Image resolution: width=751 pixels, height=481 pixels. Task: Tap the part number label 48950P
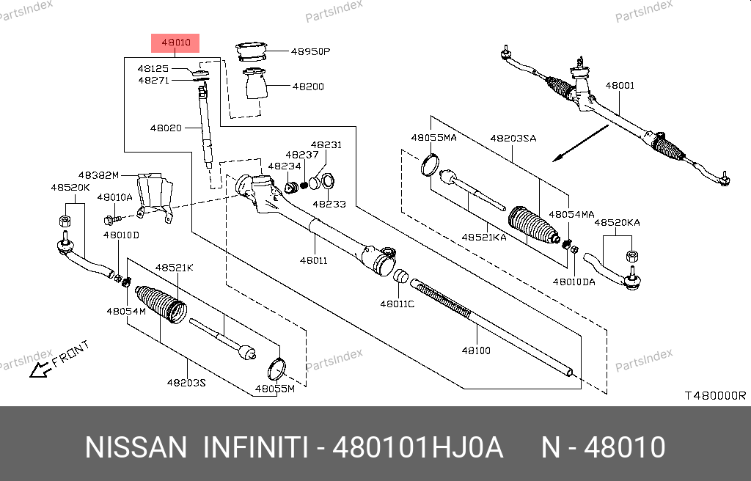click(311, 52)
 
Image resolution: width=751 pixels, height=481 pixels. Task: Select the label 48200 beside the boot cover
click(308, 87)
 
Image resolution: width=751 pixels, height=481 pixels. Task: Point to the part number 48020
click(166, 128)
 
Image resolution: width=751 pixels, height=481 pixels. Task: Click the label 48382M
click(98, 176)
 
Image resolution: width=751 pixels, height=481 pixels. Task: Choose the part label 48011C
click(397, 304)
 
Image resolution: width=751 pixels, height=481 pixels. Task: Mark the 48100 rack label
click(476, 350)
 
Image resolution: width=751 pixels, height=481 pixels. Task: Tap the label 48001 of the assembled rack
click(620, 86)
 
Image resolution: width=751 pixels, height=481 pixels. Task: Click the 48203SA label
click(513, 138)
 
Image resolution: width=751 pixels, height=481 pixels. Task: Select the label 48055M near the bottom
click(274, 388)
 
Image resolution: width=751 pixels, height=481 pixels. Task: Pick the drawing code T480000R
click(715, 395)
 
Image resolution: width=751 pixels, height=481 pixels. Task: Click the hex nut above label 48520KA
click(631, 255)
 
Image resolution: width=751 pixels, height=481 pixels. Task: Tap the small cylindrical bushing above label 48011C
click(400, 277)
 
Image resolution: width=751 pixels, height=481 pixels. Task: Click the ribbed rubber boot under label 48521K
click(161, 303)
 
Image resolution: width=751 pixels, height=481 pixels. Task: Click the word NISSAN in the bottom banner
click(136, 447)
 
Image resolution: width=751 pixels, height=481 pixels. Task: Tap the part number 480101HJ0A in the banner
click(418, 447)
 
